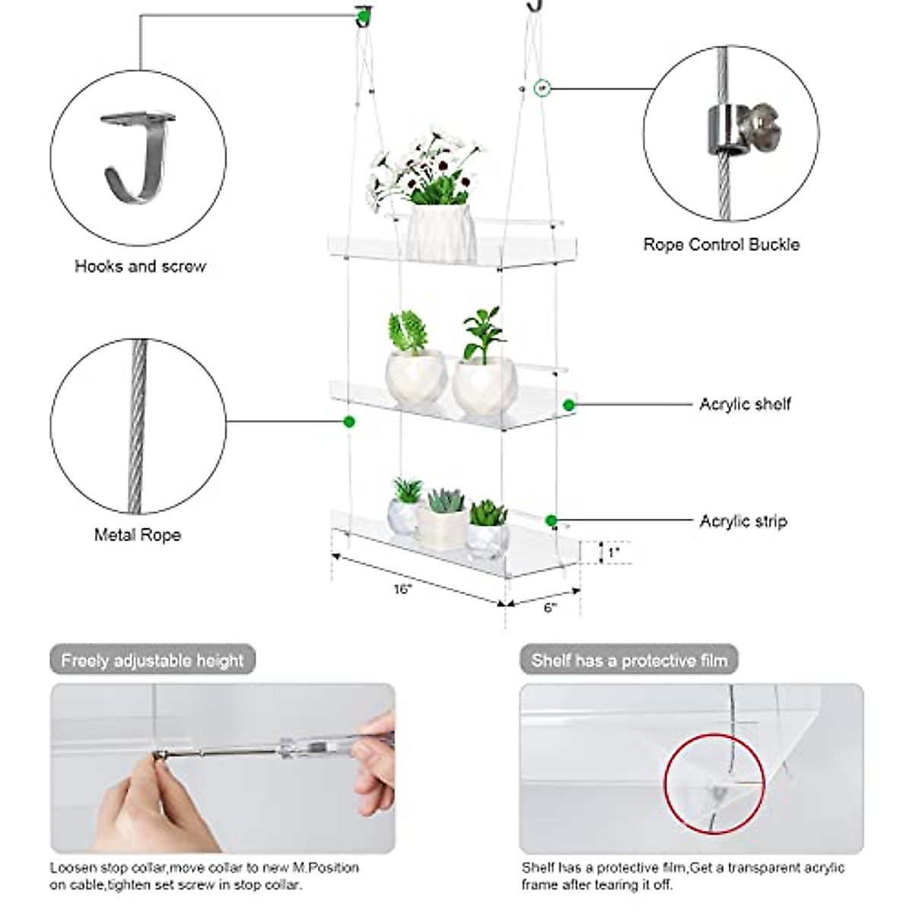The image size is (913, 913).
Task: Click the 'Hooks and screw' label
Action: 140,266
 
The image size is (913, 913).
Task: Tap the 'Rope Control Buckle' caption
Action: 721,244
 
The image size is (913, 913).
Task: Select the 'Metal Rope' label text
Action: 137,535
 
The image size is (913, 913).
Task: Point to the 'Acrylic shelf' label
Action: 745,404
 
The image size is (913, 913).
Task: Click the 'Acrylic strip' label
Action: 743,521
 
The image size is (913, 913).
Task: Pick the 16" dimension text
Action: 402,589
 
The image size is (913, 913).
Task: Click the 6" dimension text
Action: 550,607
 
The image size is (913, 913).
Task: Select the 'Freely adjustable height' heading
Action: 152,660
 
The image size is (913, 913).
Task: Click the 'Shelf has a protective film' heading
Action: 629,660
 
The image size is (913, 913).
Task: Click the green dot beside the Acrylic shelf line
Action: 568,406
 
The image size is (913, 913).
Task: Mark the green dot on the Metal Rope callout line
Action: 349,421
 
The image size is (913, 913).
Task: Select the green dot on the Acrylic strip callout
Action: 552,521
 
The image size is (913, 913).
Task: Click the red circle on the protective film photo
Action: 714,783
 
